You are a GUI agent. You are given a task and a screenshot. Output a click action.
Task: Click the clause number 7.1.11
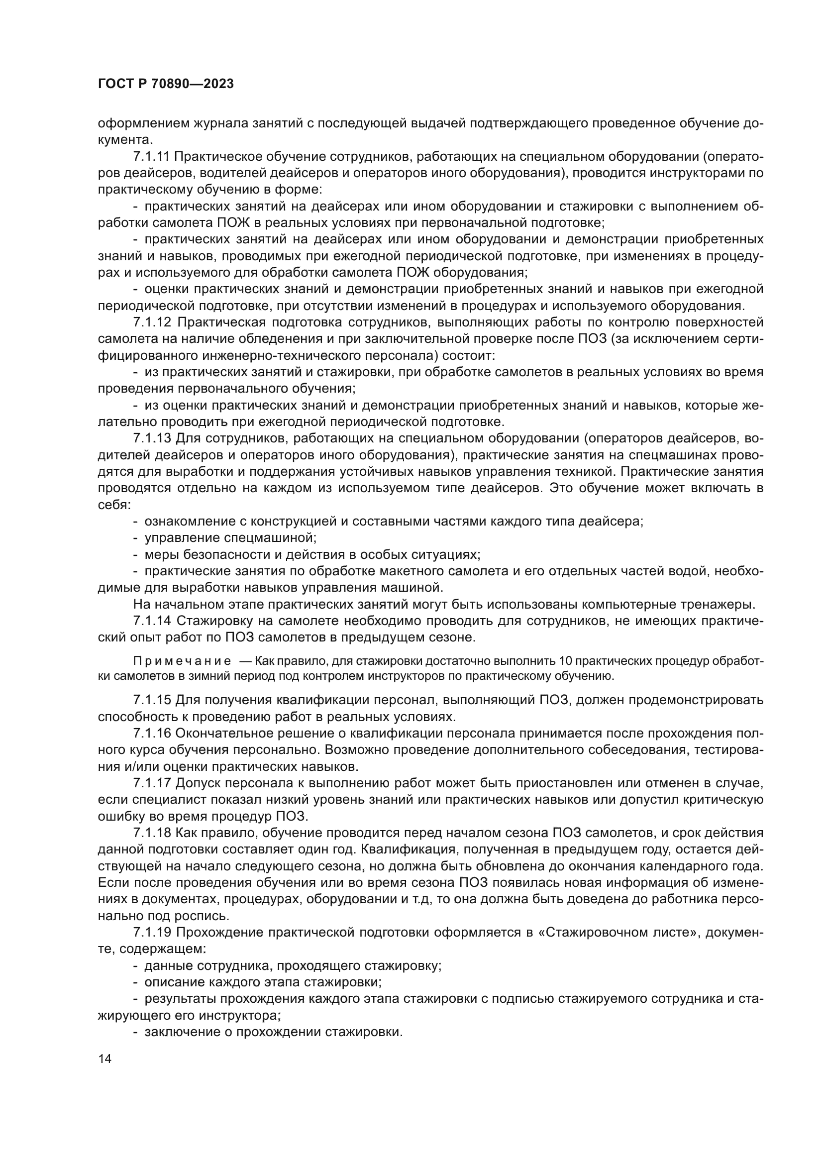click(152, 157)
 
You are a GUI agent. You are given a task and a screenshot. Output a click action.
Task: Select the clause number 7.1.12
click(152, 322)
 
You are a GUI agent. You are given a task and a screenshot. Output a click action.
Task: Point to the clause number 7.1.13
click(152, 438)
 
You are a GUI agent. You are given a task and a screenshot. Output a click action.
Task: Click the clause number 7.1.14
click(152, 621)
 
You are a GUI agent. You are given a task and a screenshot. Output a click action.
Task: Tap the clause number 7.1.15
click(152, 701)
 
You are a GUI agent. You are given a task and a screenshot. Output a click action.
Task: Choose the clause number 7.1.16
click(152, 734)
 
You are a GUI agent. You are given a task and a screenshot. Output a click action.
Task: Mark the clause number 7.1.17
click(152, 783)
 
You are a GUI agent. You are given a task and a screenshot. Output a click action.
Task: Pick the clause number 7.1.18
click(152, 833)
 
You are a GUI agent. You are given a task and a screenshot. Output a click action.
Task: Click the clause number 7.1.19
click(152, 932)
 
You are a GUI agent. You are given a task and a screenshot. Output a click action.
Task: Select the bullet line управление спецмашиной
click(230, 538)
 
